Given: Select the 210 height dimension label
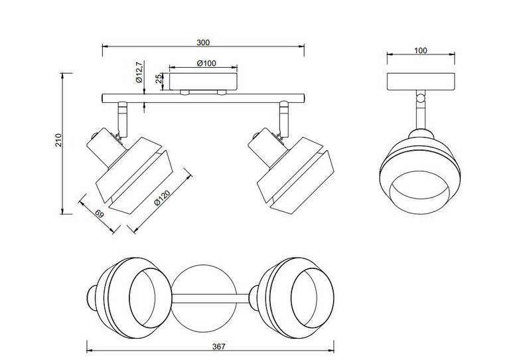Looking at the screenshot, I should pyautogui.click(x=58, y=141).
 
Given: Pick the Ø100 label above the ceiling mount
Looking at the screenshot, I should pyautogui.click(x=204, y=64).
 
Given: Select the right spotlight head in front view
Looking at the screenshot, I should pyautogui.click(x=289, y=166).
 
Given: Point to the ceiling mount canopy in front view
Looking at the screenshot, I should pyautogui.click(x=204, y=82).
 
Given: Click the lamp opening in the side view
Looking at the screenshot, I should pyautogui.click(x=419, y=193).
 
